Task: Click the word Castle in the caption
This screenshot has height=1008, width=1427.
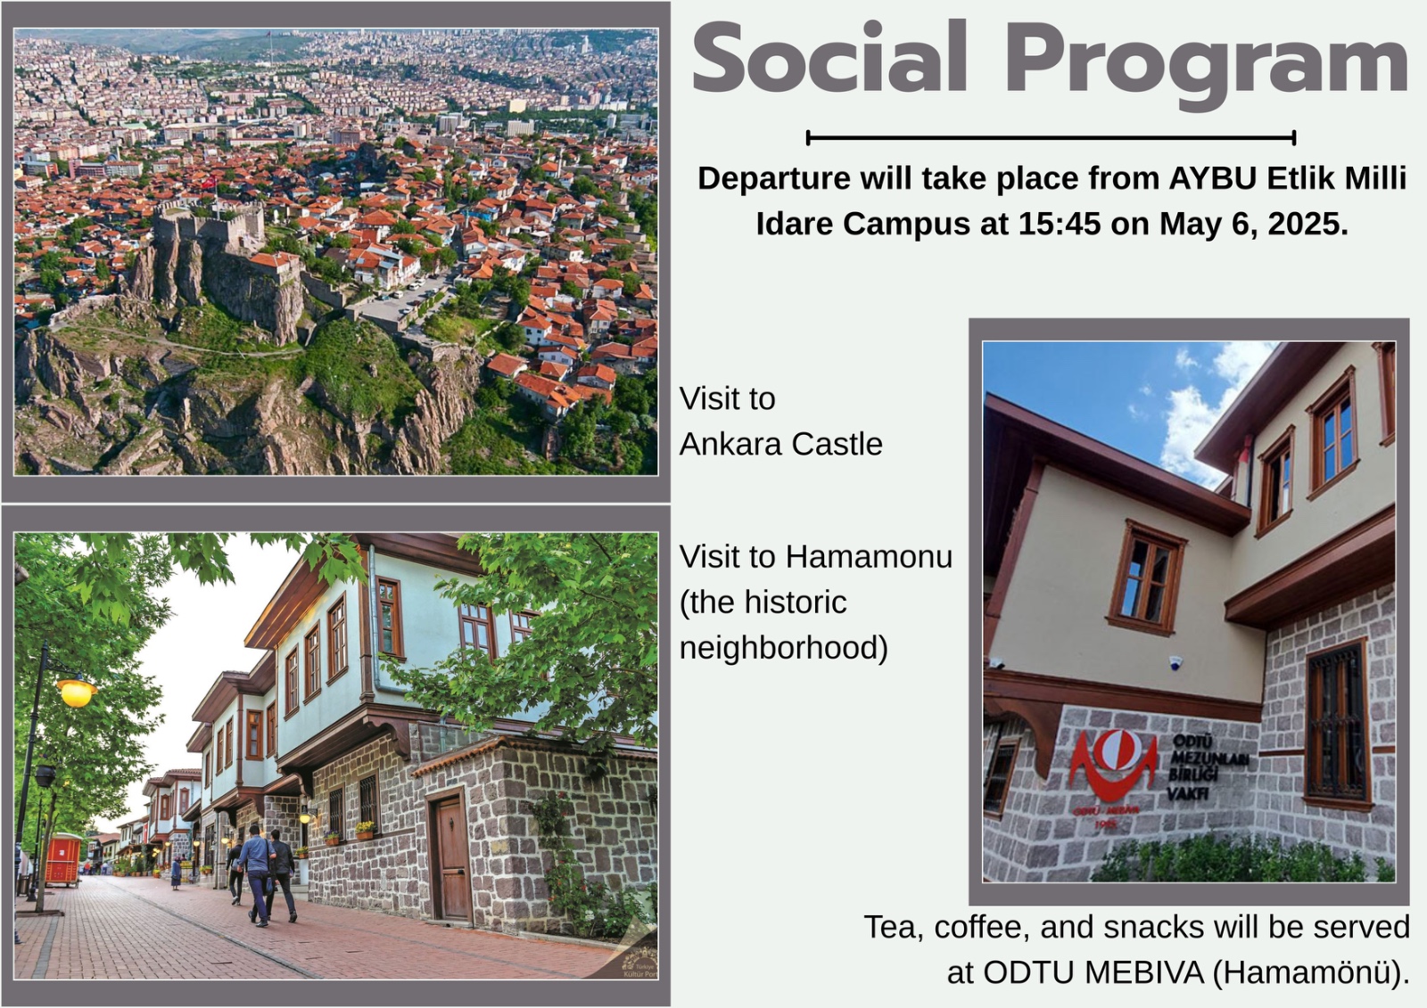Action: [837, 445]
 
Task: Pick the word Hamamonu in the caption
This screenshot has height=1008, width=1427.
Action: [869, 557]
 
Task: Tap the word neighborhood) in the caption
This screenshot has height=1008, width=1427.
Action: [784, 649]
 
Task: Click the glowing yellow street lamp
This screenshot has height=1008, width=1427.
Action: [77, 692]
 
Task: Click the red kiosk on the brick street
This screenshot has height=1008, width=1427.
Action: [63, 861]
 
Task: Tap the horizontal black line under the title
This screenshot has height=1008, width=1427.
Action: [1051, 137]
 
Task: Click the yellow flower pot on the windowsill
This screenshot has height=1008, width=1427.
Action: [365, 831]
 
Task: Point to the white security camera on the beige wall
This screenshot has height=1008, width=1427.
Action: [1175, 663]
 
